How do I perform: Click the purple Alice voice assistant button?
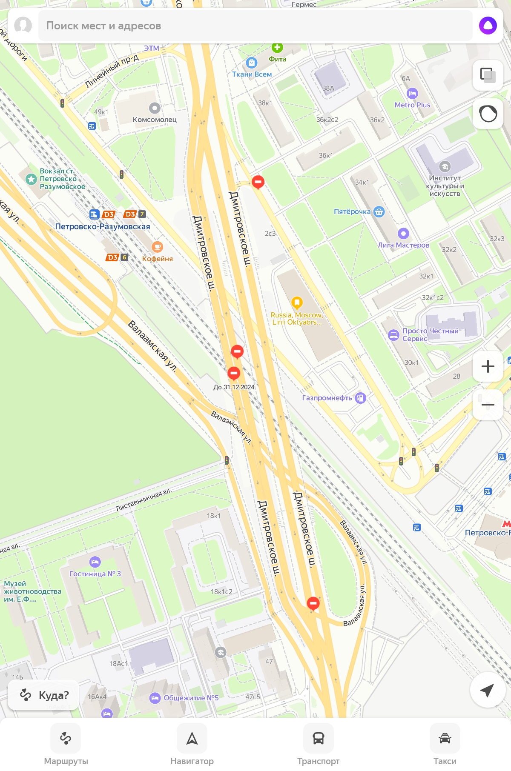488,26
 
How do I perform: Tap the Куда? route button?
44,695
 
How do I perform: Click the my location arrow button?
487,690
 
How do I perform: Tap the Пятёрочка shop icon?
379,211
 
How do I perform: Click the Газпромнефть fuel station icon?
360,398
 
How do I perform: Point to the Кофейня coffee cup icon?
157,247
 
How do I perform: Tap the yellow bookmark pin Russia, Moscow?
297,303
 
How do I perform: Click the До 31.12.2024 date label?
234,387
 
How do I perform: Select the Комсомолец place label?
155,120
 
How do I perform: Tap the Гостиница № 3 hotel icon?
95,562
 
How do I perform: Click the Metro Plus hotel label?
412,105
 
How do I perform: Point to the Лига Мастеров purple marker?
403,234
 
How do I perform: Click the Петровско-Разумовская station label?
103,227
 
